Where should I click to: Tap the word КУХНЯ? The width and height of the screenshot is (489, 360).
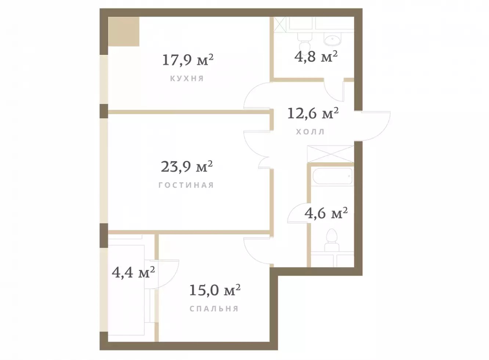click(187, 78)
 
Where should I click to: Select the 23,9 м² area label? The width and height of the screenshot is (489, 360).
click(186, 166)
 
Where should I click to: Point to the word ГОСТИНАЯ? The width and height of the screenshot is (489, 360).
click(186, 185)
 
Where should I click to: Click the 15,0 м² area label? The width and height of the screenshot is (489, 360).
click(215, 290)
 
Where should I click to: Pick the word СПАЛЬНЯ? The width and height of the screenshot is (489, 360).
click(214, 309)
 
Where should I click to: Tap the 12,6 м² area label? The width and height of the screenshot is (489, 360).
click(313, 113)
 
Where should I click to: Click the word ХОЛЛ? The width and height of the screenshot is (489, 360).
click(310, 132)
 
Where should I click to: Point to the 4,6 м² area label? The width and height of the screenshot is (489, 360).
click(326, 213)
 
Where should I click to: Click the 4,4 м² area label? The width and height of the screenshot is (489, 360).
click(133, 272)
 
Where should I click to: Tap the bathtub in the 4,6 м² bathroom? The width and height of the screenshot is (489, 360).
click(333, 176)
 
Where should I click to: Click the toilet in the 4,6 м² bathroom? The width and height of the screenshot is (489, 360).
click(332, 240)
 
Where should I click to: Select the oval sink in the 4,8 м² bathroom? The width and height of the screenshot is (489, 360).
click(332, 39)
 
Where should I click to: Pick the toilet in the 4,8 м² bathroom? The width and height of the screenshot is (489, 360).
click(305, 44)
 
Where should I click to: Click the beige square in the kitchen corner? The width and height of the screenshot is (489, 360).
click(124, 32)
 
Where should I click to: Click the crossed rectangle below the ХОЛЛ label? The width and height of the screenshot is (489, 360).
click(330, 154)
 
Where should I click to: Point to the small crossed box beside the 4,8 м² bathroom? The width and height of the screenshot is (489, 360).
click(280, 25)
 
